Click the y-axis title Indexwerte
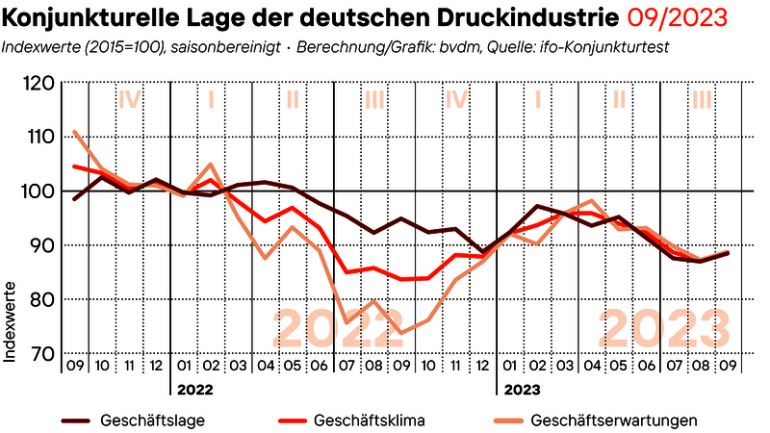[11, 321]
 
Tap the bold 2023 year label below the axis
[521, 390]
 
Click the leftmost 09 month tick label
[74, 367]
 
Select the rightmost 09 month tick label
[729, 367]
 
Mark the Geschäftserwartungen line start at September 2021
[74, 132]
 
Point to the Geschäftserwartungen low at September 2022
[400, 333]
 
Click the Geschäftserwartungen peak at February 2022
[211, 165]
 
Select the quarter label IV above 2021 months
[129, 97]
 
